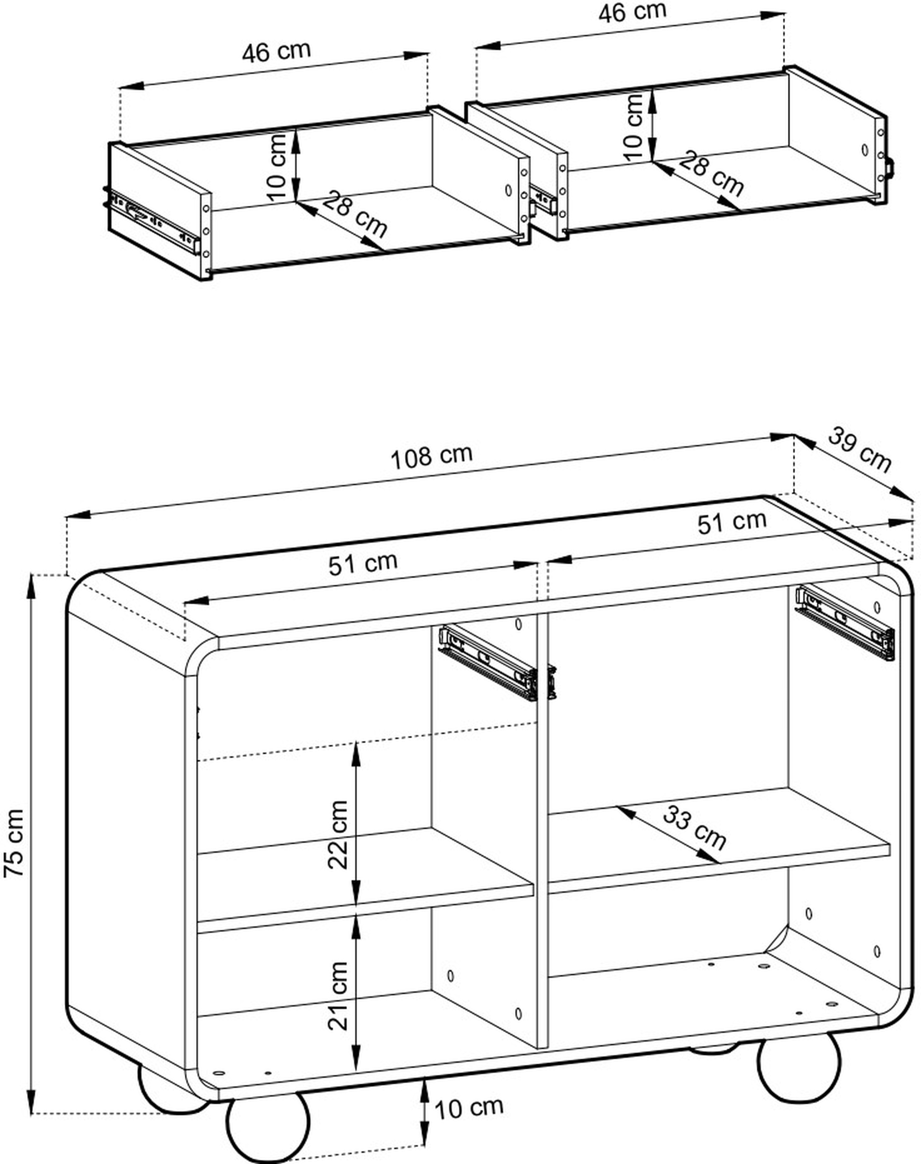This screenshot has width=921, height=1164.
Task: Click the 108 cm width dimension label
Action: click(x=432, y=457)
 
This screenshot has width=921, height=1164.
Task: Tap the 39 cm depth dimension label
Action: click(x=859, y=450)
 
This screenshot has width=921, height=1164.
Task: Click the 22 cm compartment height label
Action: click(x=339, y=835)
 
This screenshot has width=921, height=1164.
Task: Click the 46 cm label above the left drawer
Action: click(x=277, y=52)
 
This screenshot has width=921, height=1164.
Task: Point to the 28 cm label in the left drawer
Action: click(x=355, y=215)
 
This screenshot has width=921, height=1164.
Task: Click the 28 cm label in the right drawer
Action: click(x=711, y=174)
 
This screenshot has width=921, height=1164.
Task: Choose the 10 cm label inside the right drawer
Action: click(x=635, y=127)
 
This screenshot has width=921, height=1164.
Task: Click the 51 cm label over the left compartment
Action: click(x=363, y=564)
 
